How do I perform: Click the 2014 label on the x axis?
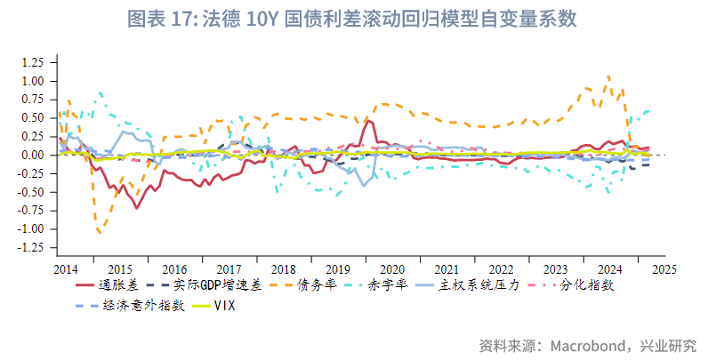[65, 268]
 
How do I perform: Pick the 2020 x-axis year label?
[391, 268]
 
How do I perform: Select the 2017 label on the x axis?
[229, 268]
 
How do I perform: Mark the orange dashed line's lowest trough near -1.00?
[99, 233]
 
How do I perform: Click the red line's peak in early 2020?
[368, 121]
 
